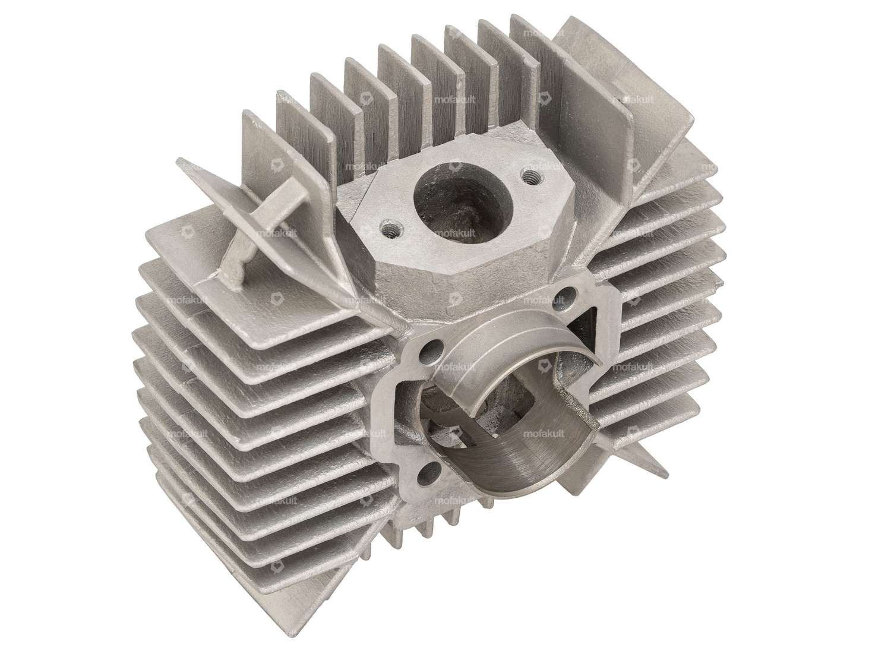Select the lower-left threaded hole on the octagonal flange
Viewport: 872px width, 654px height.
pos(389,227)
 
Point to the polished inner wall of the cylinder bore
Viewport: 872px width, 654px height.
pos(523,457)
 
